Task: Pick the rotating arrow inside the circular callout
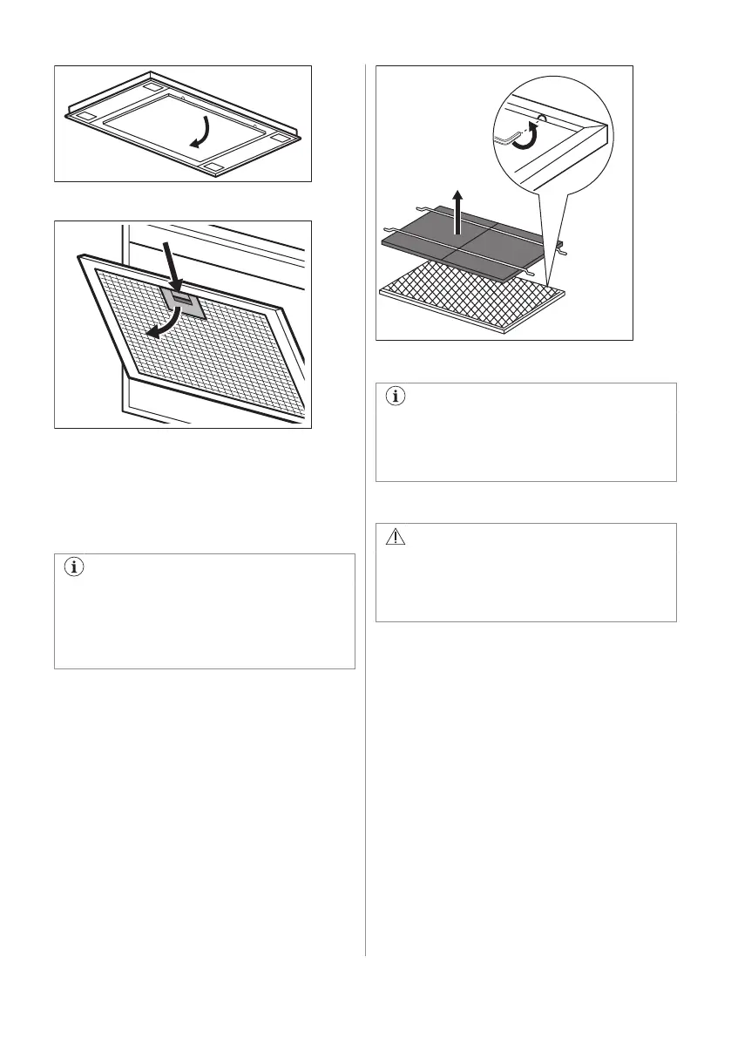525,139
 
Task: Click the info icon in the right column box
396,397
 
